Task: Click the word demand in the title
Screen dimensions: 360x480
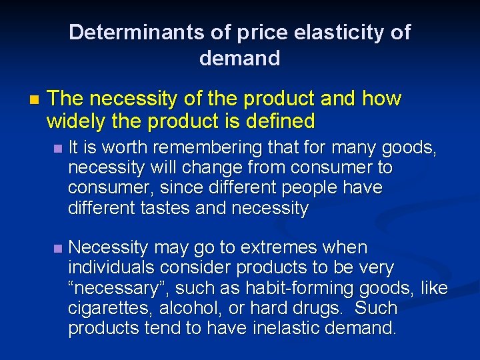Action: coord(239,59)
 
